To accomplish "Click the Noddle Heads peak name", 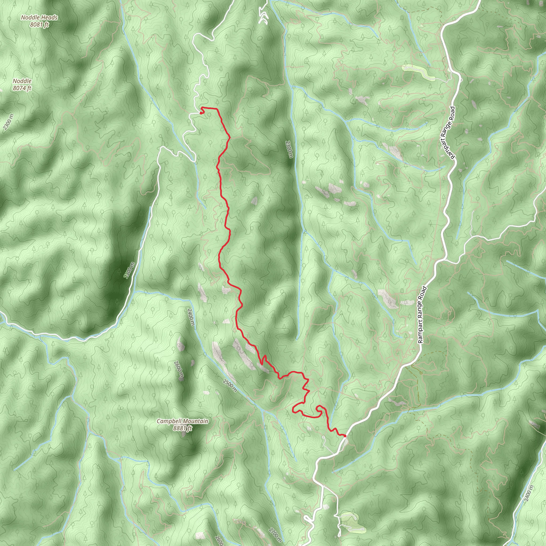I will point(39,18).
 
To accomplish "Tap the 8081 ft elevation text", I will point(39,25).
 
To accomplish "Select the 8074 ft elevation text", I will point(22,88).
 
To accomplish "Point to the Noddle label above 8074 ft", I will point(22,81).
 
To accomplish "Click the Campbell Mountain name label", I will point(182,421).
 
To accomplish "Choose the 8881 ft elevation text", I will point(182,428).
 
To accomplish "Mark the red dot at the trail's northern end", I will point(201,113).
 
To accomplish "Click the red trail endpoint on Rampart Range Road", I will point(345,436).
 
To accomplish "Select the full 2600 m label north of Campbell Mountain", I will point(179,369).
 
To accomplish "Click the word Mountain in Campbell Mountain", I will point(195,421).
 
